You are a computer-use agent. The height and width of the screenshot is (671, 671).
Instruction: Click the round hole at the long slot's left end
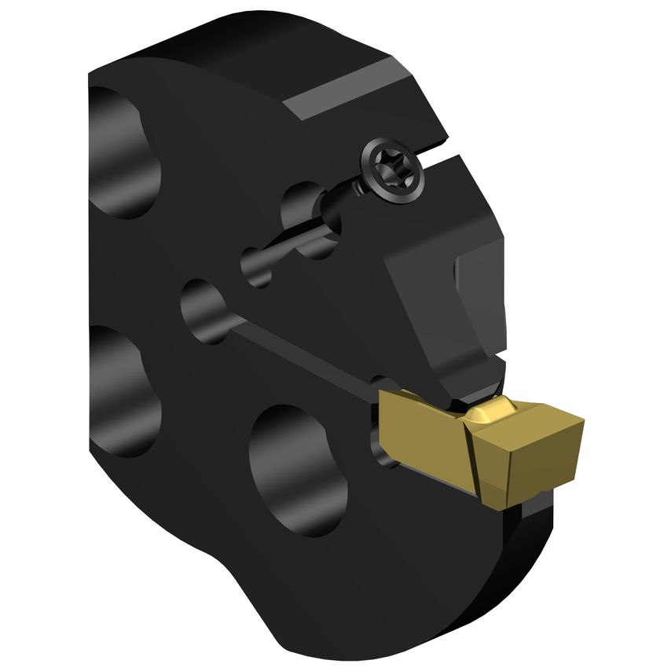203,307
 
